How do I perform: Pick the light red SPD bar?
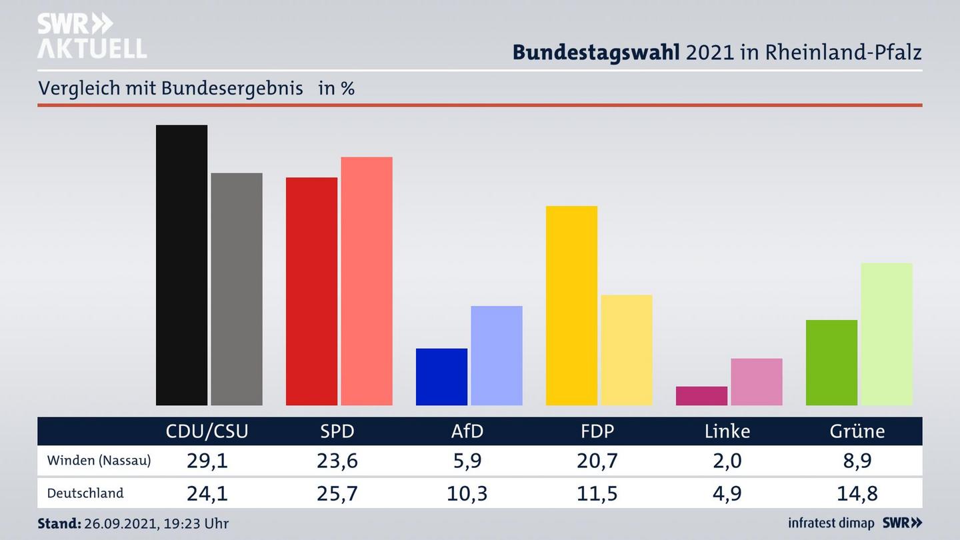click(x=367, y=281)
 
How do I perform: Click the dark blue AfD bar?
click(x=441, y=377)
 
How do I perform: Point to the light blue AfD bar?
click(x=497, y=355)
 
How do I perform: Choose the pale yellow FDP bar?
click(x=627, y=350)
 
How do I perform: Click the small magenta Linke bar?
click(x=701, y=396)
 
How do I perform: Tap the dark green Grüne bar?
click(x=831, y=363)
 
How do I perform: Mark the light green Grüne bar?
click(x=887, y=334)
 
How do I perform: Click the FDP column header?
click(x=597, y=431)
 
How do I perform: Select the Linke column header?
click(x=727, y=431)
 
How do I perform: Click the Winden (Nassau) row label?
click(x=99, y=461)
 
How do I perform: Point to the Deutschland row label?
click(x=85, y=493)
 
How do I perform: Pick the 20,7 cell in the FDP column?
click(x=597, y=461)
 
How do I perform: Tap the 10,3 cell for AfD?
click(x=467, y=493)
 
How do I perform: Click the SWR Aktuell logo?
click(x=92, y=35)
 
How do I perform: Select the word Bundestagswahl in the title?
click(x=596, y=52)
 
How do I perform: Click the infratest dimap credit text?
click(x=831, y=523)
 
